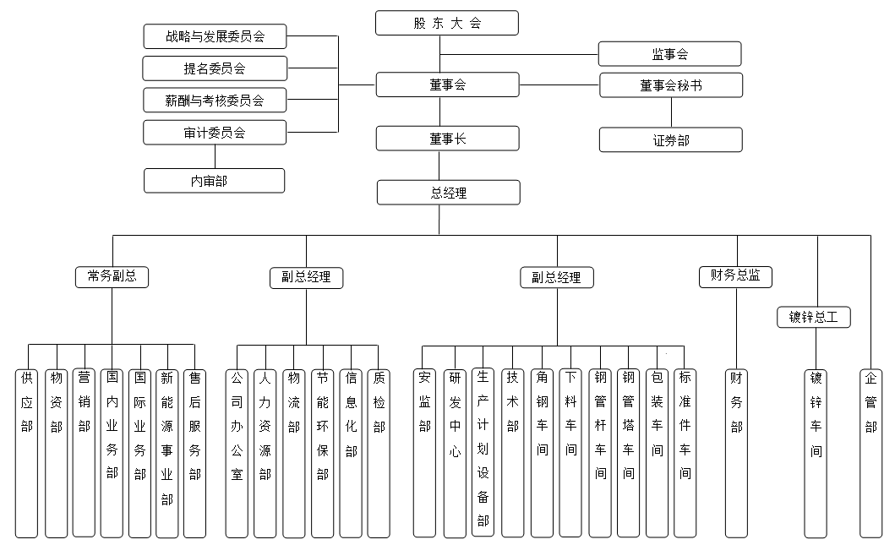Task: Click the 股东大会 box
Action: coord(447,23)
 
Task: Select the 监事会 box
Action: coord(669,54)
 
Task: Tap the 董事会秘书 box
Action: coord(671,85)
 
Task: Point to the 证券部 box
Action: coord(671,140)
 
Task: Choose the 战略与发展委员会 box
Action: coord(215,36)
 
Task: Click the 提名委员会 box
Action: coord(215,68)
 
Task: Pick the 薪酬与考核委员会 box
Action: coord(215,100)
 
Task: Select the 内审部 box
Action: coord(214,180)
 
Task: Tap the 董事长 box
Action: coord(447,139)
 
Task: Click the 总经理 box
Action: coord(448,193)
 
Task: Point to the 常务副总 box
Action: coord(112,276)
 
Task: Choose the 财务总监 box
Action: coord(736,275)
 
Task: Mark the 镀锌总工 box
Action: coord(814,318)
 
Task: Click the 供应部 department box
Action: coord(27,452)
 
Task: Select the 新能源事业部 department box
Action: coord(167,452)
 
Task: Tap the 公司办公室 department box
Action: coord(237,452)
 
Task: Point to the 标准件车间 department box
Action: coord(685,452)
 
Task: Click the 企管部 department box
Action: coord(871,452)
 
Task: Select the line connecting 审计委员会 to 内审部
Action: coord(215,156)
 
